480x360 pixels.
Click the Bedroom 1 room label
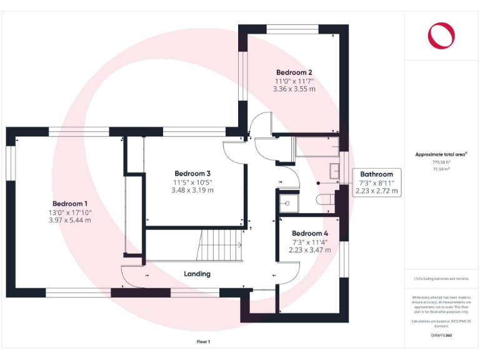(x=70, y=204)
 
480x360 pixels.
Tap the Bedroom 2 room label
(x=294, y=72)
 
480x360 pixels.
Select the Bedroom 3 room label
(x=192, y=173)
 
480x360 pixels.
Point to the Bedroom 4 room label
(x=309, y=234)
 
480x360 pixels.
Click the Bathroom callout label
(x=376, y=174)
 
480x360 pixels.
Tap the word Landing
(x=197, y=274)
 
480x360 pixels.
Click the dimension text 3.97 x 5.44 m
(x=70, y=220)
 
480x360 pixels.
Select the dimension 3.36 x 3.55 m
(x=294, y=89)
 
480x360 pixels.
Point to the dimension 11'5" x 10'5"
(x=192, y=182)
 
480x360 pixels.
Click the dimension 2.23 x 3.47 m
(x=309, y=250)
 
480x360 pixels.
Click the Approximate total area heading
(x=441, y=154)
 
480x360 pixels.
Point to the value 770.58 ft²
(x=441, y=162)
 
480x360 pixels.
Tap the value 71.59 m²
(x=441, y=169)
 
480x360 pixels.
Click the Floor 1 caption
(x=204, y=342)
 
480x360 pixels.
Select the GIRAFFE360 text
(x=441, y=336)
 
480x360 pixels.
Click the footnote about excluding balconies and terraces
(x=441, y=279)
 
